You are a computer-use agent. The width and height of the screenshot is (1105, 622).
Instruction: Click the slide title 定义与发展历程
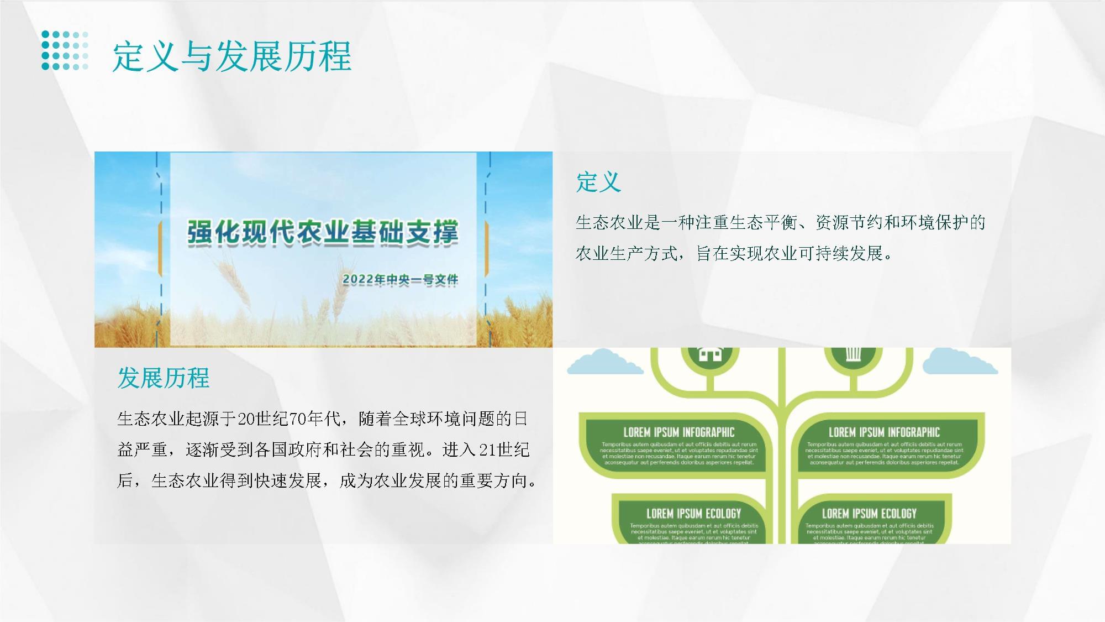(x=231, y=56)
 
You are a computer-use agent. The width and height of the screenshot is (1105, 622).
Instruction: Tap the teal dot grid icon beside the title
(x=65, y=50)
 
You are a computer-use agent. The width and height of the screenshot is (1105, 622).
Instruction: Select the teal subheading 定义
(x=598, y=182)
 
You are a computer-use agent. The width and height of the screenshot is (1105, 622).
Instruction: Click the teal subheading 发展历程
(x=163, y=378)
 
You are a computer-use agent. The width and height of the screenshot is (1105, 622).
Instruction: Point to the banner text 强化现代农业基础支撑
(x=323, y=232)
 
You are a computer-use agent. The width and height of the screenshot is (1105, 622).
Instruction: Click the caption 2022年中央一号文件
(x=400, y=280)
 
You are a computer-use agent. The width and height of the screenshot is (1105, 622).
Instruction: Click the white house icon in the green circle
(x=710, y=354)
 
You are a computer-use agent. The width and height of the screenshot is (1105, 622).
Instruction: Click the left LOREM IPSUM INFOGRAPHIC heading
(x=679, y=432)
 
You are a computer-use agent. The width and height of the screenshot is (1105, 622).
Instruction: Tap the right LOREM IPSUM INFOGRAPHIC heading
(x=884, y=432)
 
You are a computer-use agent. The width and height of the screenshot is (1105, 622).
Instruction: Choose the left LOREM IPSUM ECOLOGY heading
(x=693, y=514)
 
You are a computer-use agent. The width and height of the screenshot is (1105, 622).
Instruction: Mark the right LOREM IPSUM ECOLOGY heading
(x=869, y=514)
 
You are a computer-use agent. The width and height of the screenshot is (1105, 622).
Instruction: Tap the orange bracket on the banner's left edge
(x=160, y=249)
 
